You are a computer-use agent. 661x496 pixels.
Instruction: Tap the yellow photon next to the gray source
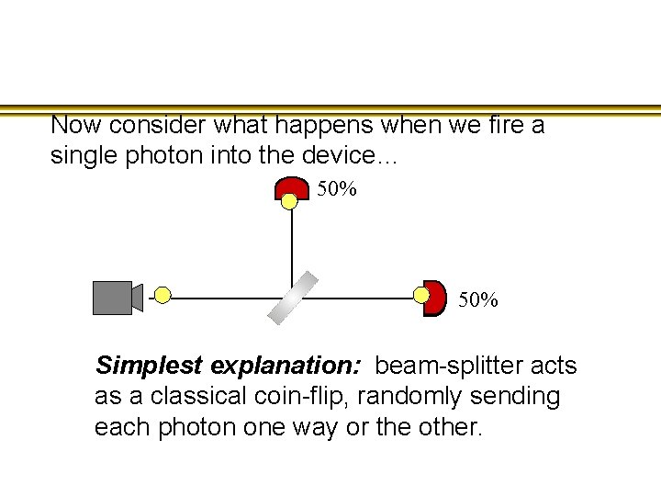(162, 295)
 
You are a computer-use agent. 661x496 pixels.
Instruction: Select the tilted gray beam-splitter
(292, 298)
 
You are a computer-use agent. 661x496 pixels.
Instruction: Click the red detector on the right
(434, 297)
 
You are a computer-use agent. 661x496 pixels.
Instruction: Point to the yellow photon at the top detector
(289, 201)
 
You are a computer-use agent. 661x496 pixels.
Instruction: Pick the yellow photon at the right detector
(421, 295)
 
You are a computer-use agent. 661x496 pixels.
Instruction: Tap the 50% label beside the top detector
(337, 190)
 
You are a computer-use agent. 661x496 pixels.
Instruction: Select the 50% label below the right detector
(478, 300)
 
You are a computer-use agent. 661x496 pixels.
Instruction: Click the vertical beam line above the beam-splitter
(292, 243)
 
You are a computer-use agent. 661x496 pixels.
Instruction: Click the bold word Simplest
(150, 366)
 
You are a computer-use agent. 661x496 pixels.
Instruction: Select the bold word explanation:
(286, 366)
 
